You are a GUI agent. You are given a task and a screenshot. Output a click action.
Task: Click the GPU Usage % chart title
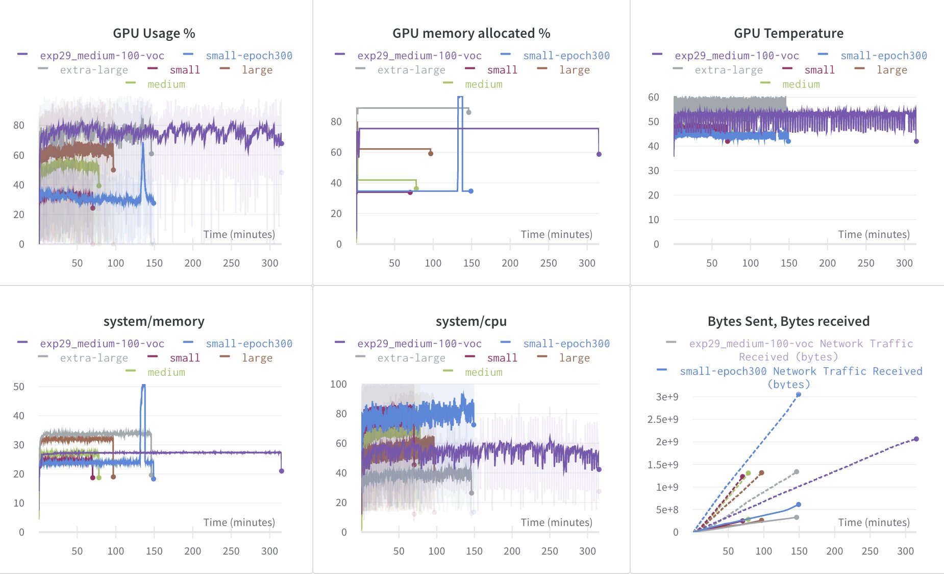[x=154, y=33]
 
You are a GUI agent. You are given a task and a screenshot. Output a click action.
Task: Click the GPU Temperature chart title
[x=788, y=33]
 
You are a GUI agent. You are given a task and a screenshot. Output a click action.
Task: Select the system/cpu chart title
[x=471, y=321]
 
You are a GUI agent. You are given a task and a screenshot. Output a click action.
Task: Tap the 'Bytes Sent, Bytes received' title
[x=788, y=321]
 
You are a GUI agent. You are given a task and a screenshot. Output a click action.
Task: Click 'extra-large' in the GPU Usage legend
[x=94, y=70]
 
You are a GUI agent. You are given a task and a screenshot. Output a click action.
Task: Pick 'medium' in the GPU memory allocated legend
[x=483, y=84]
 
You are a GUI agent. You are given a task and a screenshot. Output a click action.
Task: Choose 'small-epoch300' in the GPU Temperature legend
[x=883, y=56]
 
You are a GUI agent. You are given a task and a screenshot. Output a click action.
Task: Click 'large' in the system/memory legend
[x=257, y=358]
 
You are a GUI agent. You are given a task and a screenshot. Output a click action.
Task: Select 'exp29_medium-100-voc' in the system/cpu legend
[x=419, y=344]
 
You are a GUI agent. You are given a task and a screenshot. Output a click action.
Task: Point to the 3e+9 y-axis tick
[x=667, y=397]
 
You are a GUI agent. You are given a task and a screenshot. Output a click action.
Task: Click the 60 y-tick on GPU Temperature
[x=653, y=97]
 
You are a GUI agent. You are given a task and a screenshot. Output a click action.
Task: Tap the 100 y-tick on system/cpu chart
[x=338, y=384]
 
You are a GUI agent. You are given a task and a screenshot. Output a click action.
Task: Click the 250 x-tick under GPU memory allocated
[x=548, y=263]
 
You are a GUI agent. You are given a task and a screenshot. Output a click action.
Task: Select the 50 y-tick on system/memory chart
[x=19, y=387]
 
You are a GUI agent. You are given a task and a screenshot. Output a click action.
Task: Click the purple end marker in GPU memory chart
[x=599, y=154]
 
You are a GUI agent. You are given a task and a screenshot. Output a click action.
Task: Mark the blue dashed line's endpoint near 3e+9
[x=799, y=394]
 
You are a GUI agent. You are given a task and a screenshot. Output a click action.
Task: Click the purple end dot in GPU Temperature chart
[x=916, y=141]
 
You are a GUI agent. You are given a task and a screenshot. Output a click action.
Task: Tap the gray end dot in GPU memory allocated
[x=468, y=112]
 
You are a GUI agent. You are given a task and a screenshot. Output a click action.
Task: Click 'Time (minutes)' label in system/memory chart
[x=239, y=522]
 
